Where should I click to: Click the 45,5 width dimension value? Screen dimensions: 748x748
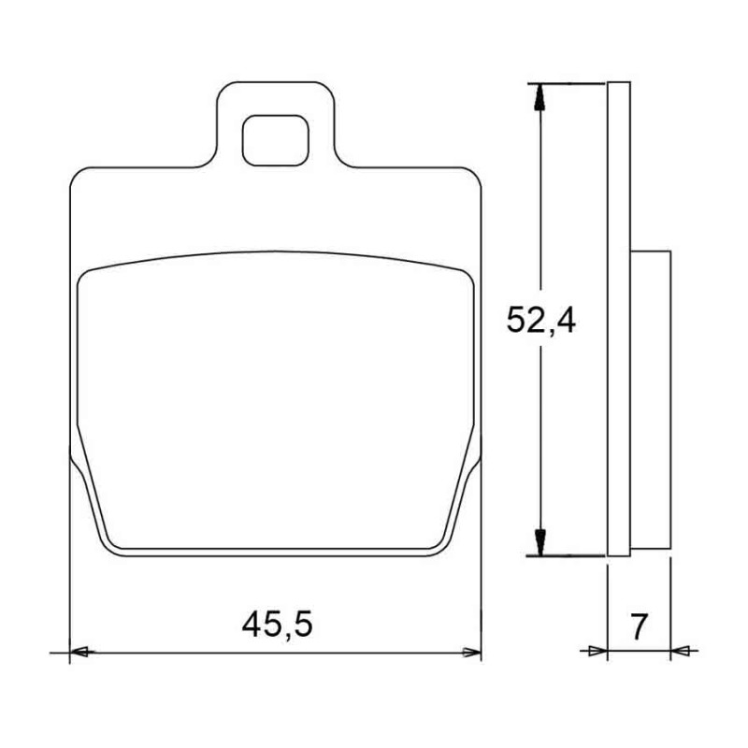[277, 626]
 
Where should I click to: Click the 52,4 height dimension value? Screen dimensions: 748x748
[541, 320]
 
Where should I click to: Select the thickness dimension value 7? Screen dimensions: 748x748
[640, 626]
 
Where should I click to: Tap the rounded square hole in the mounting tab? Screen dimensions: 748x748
[276, 140]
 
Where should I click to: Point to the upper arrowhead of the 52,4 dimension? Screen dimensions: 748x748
[539, 97]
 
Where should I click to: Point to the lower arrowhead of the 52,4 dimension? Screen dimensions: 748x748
[539, 542]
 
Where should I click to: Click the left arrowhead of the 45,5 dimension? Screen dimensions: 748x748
[82, 652]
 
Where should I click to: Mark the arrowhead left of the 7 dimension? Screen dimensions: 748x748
[597, 650]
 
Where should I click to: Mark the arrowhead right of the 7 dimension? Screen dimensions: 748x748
[681, 650]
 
